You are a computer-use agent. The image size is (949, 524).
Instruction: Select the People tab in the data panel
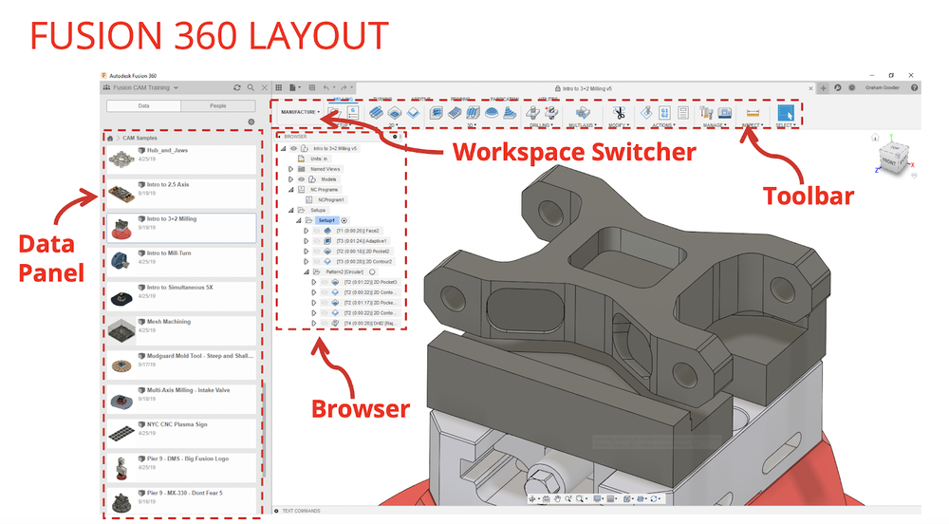point(217,106)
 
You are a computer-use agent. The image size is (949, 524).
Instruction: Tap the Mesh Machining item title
point(168,322)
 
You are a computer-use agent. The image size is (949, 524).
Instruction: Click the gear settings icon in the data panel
point(251,122)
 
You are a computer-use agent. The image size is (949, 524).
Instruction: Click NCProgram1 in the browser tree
point(333,199)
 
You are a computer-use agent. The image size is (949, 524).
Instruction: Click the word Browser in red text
point(361,409)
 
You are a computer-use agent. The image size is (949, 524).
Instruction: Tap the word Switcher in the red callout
point(647,151)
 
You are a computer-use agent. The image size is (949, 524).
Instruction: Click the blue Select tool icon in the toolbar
point(785,112)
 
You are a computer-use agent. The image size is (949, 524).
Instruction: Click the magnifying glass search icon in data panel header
point(251,87)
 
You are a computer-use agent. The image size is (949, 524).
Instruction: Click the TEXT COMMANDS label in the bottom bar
point(302,512)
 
